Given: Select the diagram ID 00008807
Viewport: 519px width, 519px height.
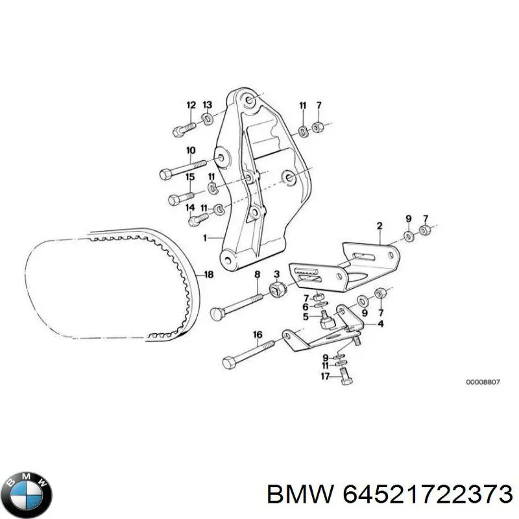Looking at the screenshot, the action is pos(483,382).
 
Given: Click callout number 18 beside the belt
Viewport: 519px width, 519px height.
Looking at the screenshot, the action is pos(209,274).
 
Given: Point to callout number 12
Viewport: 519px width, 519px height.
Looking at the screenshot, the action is pos(191,105).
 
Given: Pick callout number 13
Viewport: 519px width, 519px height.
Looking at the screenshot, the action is pos(207,105).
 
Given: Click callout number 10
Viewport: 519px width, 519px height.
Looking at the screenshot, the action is pos(191,151).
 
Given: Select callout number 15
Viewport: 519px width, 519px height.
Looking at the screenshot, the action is pos(190,176).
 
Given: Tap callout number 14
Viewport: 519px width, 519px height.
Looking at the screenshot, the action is pos(190,208).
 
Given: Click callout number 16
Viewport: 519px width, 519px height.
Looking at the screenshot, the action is pos(258,335).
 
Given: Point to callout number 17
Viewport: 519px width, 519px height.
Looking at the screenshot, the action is pos(325,376).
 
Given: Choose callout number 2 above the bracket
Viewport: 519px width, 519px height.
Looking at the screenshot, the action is pos(380,226).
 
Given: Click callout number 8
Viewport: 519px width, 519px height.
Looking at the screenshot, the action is pos(257,274).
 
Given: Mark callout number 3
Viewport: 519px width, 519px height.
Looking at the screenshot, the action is pos(276,274).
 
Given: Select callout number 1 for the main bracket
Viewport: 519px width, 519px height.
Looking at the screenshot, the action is pos(205,237).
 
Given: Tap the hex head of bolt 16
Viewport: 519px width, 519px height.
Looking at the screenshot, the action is pos(229,363).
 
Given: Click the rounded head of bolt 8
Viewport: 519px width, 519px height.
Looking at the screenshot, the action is pos(216,313).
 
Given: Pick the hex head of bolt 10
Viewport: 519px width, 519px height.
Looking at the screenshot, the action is pos(165,174).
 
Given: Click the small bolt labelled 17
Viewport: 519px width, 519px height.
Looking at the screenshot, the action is pos(346,378).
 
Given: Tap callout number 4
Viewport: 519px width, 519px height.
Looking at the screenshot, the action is pos(380,323).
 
